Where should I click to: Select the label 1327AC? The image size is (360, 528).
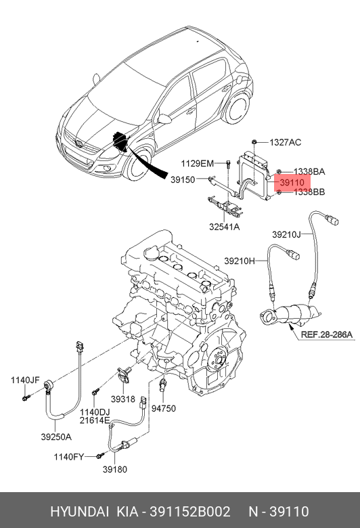[x=285, y=142]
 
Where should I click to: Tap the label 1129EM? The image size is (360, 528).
[x=197, y=164]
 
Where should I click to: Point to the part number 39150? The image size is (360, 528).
[x=183, y=179]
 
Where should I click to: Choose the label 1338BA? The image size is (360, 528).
[x=309, y=172]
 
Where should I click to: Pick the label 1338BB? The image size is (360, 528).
[x=309, y=192]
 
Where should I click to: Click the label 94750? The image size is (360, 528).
[x=163, y=409]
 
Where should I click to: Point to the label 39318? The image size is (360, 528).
[x=124, y=400]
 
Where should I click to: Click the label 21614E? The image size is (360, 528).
[x=95, y=421]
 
